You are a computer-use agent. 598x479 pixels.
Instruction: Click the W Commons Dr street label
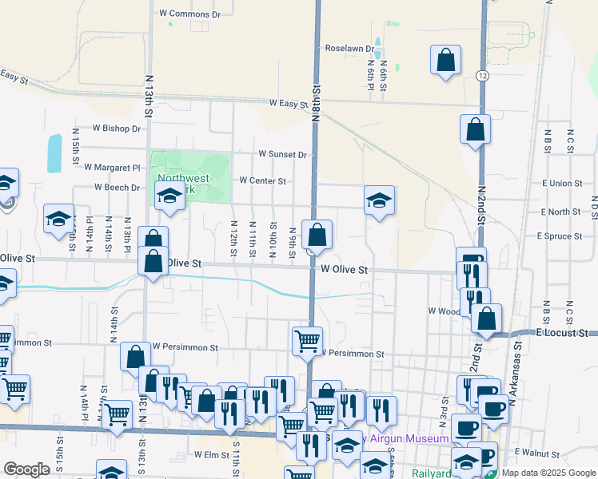click(189, 14)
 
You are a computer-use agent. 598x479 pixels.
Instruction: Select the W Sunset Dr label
click(282, 154)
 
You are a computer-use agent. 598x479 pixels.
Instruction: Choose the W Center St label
click(262, 181)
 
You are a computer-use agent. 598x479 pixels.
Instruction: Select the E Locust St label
click(562, 332)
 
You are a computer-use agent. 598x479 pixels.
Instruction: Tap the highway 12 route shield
click(480, 74)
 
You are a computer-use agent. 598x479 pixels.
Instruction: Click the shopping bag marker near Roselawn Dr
click(445, 60)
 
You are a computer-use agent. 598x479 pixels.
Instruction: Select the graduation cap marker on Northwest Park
click(169, 196)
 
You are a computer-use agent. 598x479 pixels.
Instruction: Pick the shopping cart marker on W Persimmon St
click(307, 341)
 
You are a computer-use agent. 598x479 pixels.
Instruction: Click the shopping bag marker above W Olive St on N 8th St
click(317, 235)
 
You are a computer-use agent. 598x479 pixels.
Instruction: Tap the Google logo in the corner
click(26, 469)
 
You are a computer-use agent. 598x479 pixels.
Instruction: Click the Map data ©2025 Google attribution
click(548, 473)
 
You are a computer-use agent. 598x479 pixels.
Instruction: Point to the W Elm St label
click(212, 454)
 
